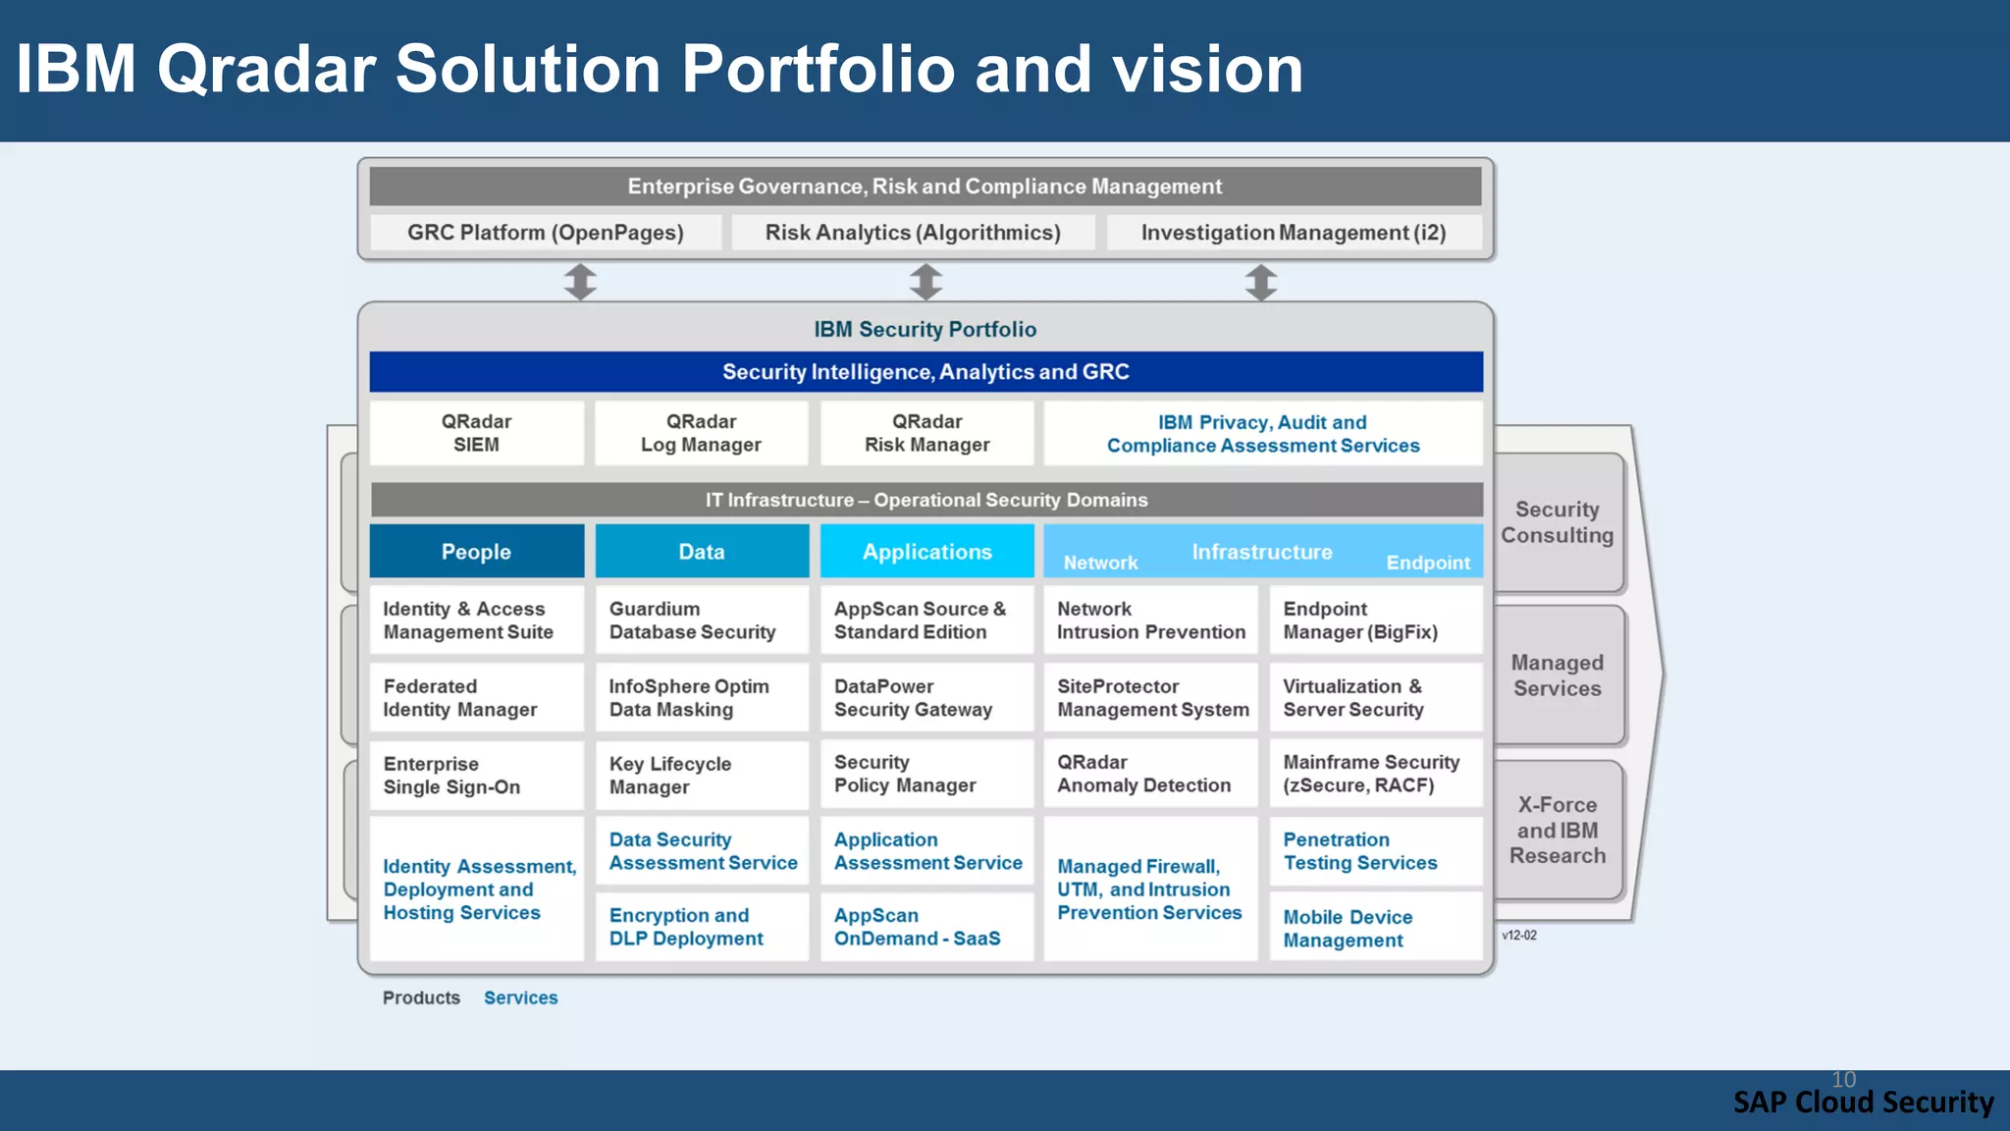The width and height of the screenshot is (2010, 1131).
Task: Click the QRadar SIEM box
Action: point(476,433)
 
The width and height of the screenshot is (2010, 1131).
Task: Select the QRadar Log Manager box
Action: point(701,433)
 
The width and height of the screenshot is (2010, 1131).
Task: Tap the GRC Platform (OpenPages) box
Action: point(546,233)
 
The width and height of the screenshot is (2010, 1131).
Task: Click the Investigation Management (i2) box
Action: point(1294,233)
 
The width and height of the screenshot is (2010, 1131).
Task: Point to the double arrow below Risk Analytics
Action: point(926,282)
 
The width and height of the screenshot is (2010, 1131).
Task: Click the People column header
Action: point(476,552)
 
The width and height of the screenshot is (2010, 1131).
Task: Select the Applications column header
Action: point(926,552)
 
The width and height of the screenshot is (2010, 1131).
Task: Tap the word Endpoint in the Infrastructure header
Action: point(1427,563)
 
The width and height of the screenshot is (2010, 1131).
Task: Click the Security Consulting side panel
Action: point(1558,522)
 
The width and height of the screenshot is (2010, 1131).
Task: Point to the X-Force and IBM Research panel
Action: point(1558,830)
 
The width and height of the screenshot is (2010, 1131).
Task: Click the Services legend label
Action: point(520,997)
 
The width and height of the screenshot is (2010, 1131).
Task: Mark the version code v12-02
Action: point(1518,936)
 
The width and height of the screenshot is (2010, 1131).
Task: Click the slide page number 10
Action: point(1843,1079)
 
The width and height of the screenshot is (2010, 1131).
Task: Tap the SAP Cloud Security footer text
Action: point(1863,1103)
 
